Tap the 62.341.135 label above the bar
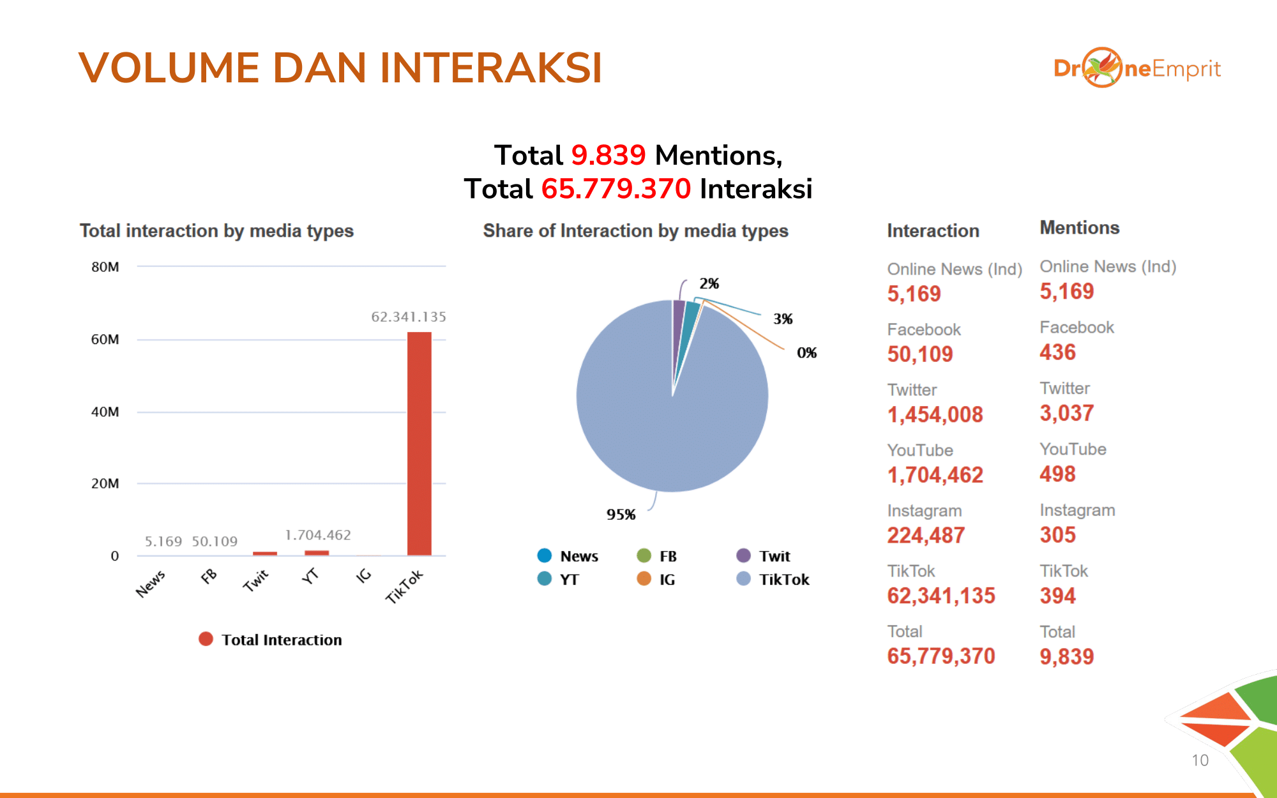pos(409,317)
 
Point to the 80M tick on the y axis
pos(105,267)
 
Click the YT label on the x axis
pos(310,576)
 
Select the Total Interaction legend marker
pos(206,639)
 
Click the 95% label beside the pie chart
pos(621,515)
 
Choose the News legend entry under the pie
pos(568,556)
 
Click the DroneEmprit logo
pos(1137,68)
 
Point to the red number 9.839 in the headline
pos(608,155)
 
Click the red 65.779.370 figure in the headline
pos(616,189)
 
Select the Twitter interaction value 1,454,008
pos(935,415)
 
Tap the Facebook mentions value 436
pos(1057,352)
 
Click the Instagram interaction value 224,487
pos(926,536)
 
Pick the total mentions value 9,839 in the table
pos(1066,657)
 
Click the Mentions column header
pos(1079,228)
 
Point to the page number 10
pos(1200,760)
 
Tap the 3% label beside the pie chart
pos(783,319)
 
